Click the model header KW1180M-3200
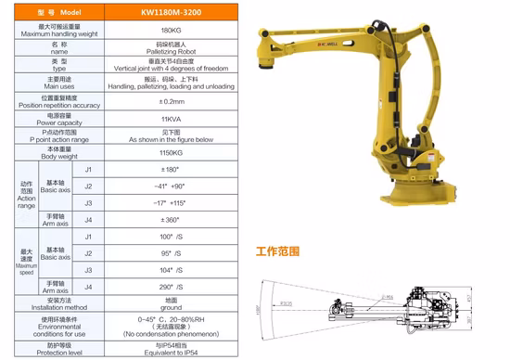(170, 14)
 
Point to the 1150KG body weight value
(170, 151)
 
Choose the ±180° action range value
(170, 170)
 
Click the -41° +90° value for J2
(170, 186)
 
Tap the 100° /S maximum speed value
(170, 237)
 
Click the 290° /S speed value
(170, 287)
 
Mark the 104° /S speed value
(170, 269)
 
